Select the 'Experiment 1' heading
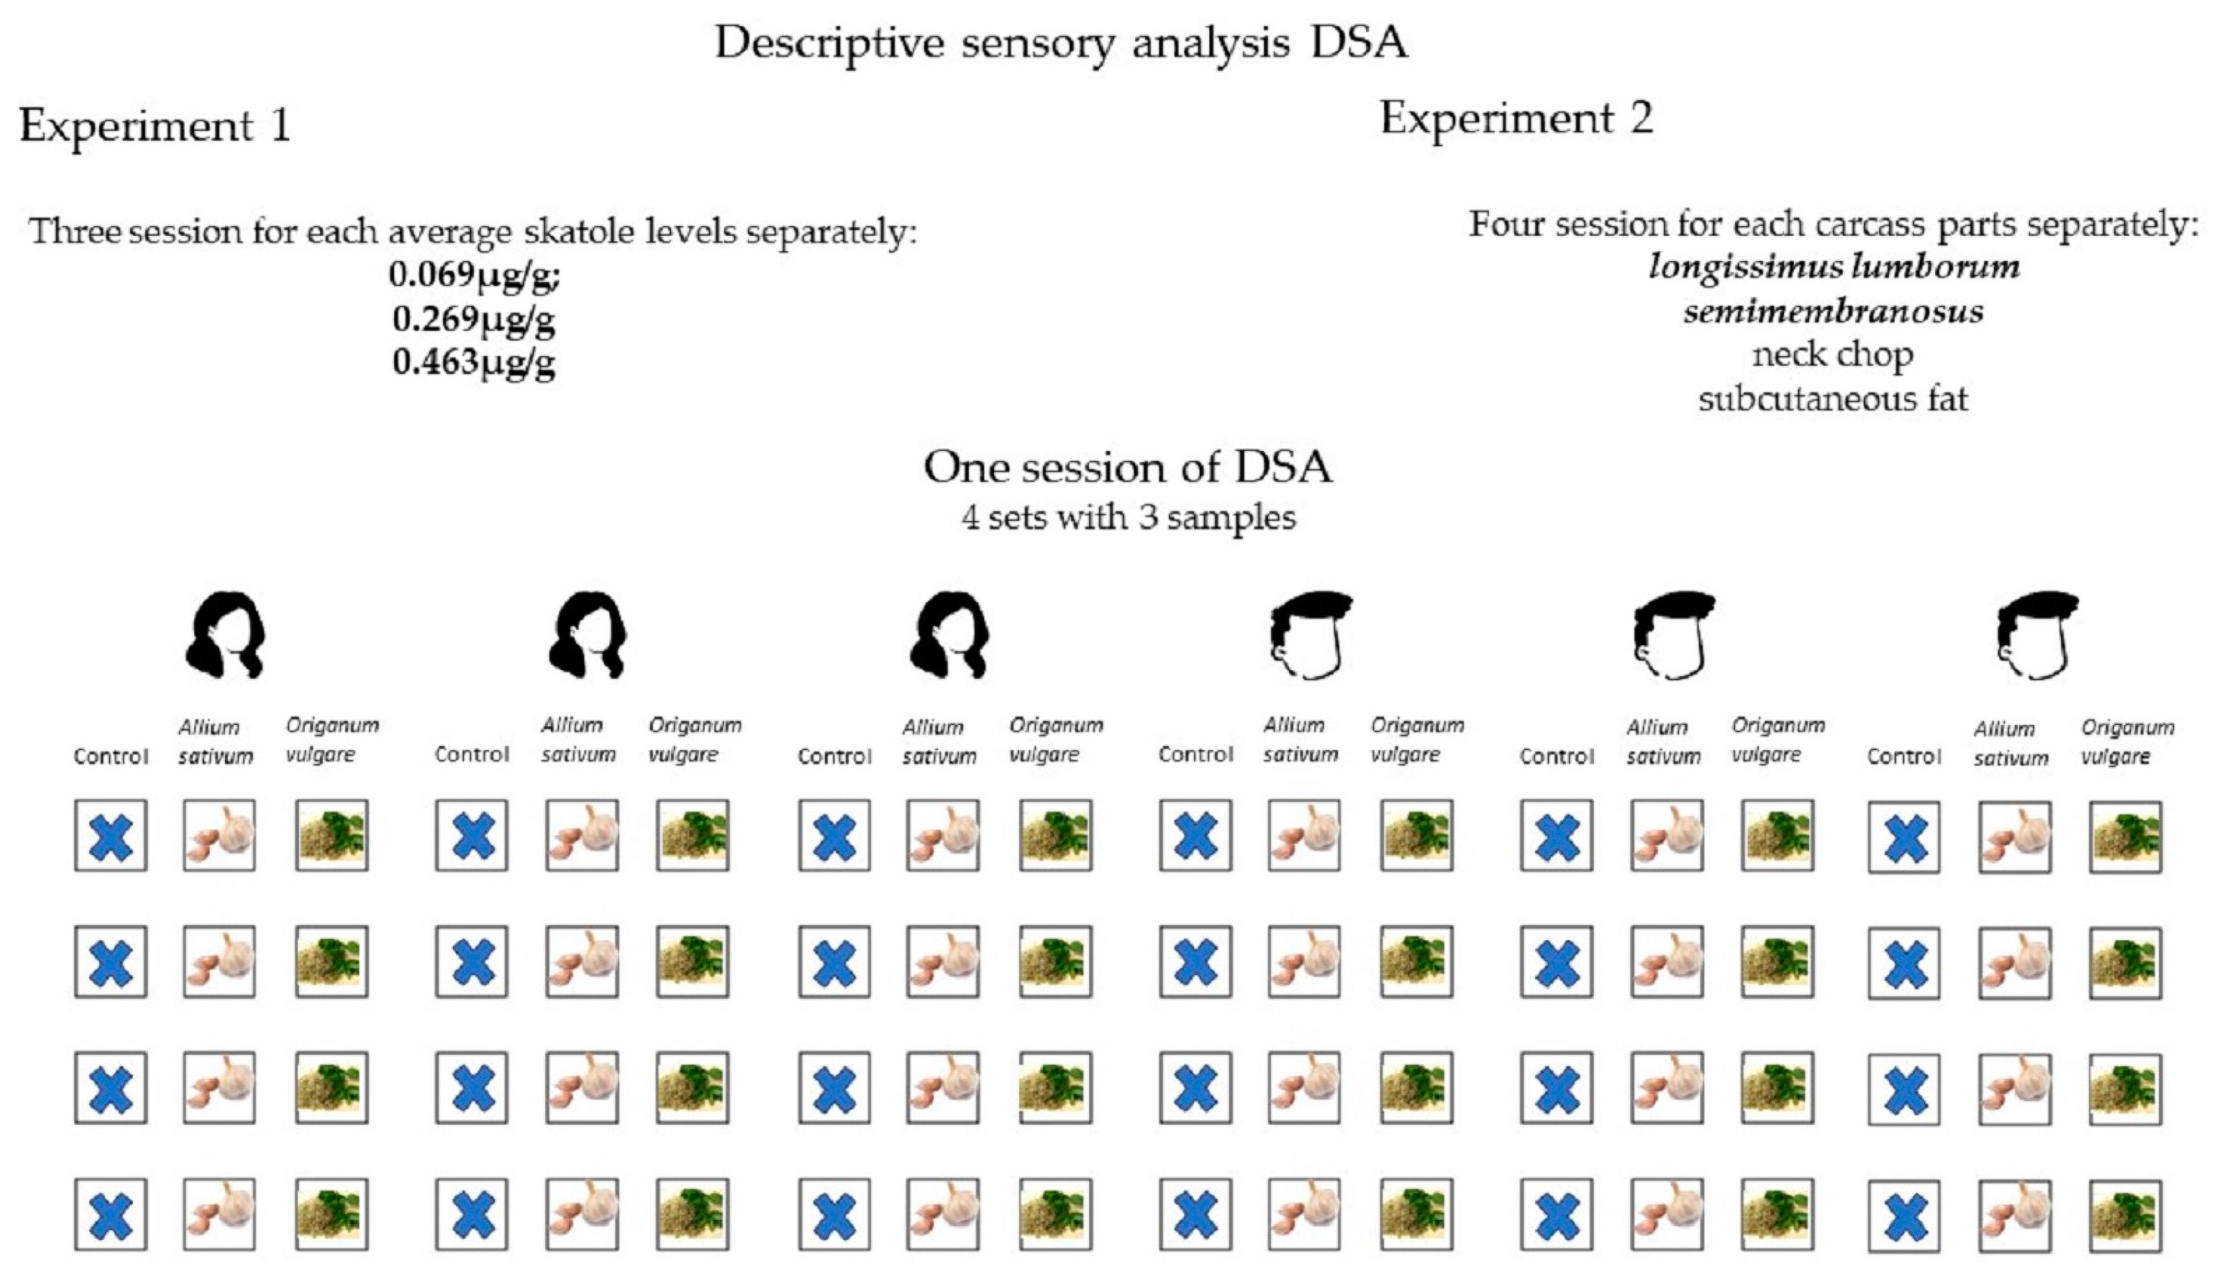[x=154, y=125]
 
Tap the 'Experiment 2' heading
[x=1516, y=118]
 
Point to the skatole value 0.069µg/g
[x=474, y=275]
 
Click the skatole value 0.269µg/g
[x=474, y=318]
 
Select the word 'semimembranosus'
[x=1833, y=312]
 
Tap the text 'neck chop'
[x=1833, y=355]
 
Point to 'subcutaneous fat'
[x=1833, y=399]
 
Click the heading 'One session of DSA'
[x=1128, y=467]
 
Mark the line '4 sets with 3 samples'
[x=1128, y=517]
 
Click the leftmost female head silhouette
[x=226, y=634]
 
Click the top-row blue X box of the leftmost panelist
[x=111, y=835]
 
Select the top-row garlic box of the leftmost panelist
[x=219, y=835]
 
